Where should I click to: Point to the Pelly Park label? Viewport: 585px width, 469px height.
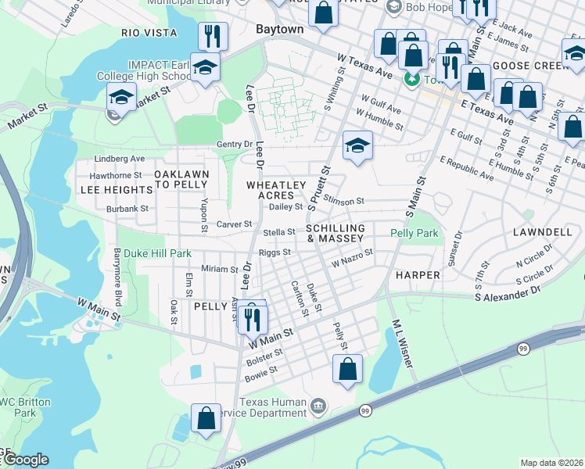pos(415,233)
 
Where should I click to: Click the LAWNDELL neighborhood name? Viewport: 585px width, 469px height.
pos(542,233)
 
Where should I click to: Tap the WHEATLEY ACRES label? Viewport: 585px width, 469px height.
pos(275,190)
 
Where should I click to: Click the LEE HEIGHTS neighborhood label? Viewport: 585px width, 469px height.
pos(116,190)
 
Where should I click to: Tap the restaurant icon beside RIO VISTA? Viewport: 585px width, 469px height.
pos(212,36)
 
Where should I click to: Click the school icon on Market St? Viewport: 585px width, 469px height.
pos(121,97)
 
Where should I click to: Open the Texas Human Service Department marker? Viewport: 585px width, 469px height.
pos(318,405)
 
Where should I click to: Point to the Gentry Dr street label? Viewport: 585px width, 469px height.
pos(235,145)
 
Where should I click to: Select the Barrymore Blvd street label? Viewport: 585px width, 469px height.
pos(118,277)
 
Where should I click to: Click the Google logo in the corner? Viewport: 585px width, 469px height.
pos(25,460)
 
